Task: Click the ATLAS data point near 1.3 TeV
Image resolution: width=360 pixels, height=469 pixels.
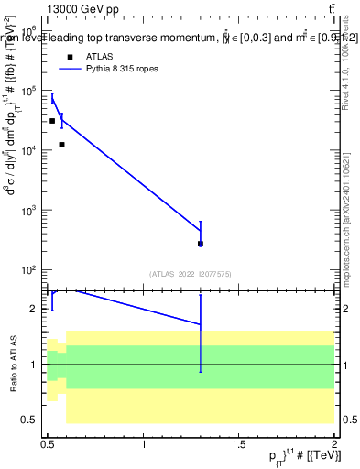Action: tap(201, 244)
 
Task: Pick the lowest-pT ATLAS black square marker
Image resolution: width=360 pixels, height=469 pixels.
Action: tap(52, 121)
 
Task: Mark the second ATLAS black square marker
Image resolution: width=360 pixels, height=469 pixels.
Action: tap(61, 145)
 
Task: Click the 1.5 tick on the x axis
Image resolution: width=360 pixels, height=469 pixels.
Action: tap(239, 444)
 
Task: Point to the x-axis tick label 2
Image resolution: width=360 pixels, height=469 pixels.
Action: tap(334, 444)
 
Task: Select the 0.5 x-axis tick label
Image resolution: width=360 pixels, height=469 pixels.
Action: tap(49, 444)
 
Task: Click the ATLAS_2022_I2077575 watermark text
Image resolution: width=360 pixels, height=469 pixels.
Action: tap(191, 274)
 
